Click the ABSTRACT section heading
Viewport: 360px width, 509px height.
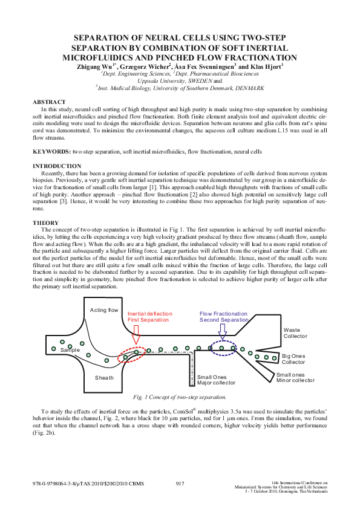[x=49, y=102]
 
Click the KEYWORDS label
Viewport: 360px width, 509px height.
[x=51, y=152]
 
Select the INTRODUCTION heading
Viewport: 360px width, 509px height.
[x=57, y=166]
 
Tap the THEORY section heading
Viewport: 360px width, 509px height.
[x=45, y=222]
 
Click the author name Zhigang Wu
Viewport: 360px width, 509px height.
[x=94, y=67]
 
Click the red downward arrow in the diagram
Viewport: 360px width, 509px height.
[x=136, y=334]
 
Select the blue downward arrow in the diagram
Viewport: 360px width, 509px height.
[x=222, y=331]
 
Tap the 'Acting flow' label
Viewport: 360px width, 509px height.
[x=104, y=310]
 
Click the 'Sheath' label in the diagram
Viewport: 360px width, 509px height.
[x=104, y=378]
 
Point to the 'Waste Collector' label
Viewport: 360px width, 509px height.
[x=295, y=333]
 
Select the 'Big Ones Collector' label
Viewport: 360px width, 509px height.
[x=293, y=359]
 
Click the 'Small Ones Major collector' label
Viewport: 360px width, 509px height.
[x=216, y=380]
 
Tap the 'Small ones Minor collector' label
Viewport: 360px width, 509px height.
[x=295, y=378]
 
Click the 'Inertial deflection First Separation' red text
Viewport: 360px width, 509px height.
[x=150, y=317]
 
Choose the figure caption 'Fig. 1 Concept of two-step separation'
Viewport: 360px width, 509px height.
[x=180, y=397]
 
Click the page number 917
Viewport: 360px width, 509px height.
[x=180, y=484]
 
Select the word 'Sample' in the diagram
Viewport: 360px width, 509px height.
[x=70, y=350]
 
